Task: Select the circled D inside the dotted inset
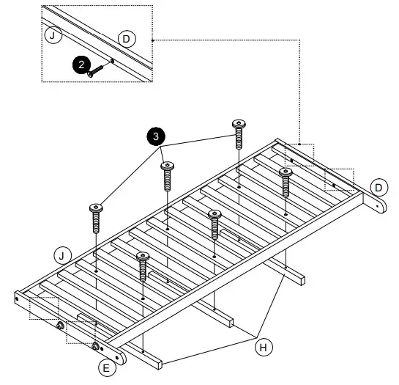coord(126,38)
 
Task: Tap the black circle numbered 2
coord(81,65)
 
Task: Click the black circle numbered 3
coord(155,136)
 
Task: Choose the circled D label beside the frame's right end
coord(378,187)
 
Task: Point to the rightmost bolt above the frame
coord(286,178)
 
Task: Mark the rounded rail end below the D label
coord(380,208)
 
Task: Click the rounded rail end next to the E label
coord(120,357)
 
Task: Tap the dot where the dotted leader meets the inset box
coord(152,39)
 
